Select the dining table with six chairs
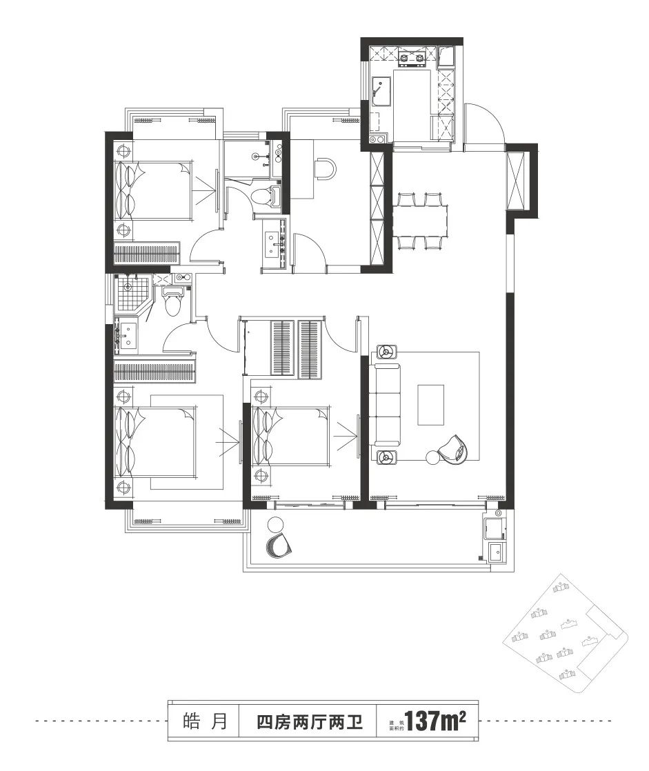click(421, 221)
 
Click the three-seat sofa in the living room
click(384, 403)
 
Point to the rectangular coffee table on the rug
click(431, 404)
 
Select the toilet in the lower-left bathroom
click(172, 301)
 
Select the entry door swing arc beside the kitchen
click(486, 124)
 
